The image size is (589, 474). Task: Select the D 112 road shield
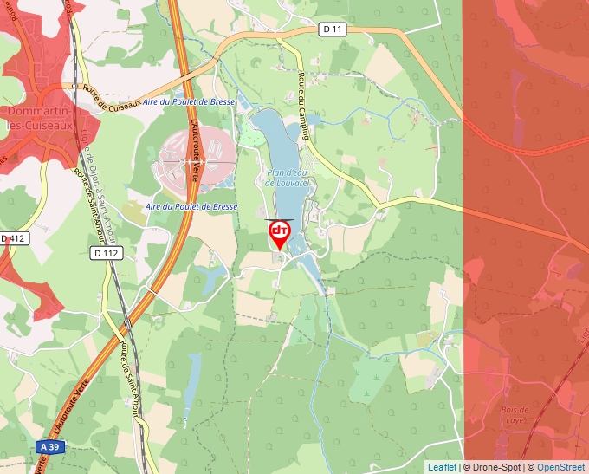pyautogui.click(x=105, y=253)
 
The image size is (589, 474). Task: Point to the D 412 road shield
pyautogui.click(x=15, y=237)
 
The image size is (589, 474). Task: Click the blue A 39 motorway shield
pyautogui.click(x=49, y=445)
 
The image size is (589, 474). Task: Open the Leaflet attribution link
pyautogui.click(x=442, y=467)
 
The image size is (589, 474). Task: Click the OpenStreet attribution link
pyautogui.click(x=561, y=467)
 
